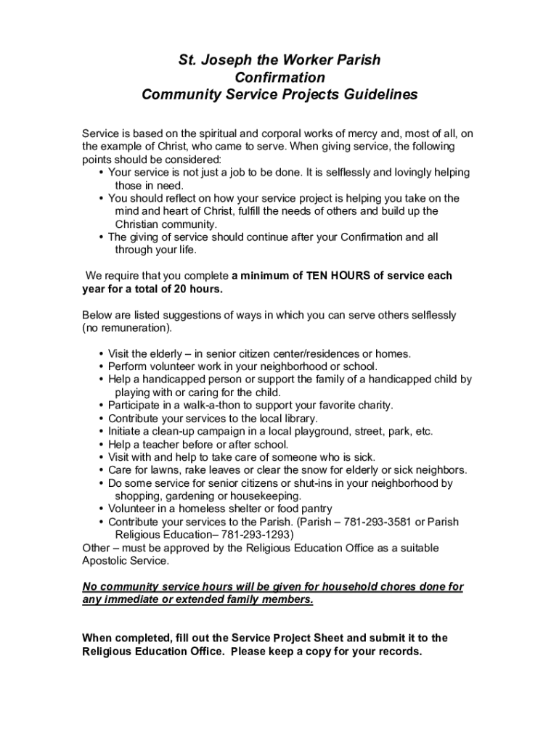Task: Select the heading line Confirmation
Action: pyautogui.click(x=279, y=77)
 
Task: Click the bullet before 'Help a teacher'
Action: pyautogui.click(x=101, y=445)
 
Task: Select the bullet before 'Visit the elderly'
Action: pyautogui.click(x=101, y=354)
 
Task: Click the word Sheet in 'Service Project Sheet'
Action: pyautogui.click(x=327, y=639)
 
